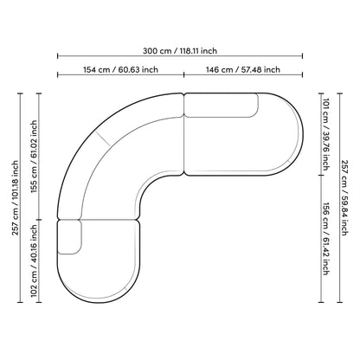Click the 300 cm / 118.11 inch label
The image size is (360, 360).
coord(180,51)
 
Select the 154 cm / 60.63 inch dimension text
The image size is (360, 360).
coord(120,70)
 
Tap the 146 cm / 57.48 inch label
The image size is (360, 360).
coord(243,70)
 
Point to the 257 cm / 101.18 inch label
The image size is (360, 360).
coord(15,198)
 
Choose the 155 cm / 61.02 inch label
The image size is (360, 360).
coord(34,157)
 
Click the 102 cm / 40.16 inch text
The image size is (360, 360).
coord(34,260)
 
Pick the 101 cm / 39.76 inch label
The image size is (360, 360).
coord(326,134)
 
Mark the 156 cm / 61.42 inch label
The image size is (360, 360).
coord(326,239)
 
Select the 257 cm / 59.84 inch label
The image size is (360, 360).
coord(344,198)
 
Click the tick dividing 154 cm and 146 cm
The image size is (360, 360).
coord(183,74)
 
